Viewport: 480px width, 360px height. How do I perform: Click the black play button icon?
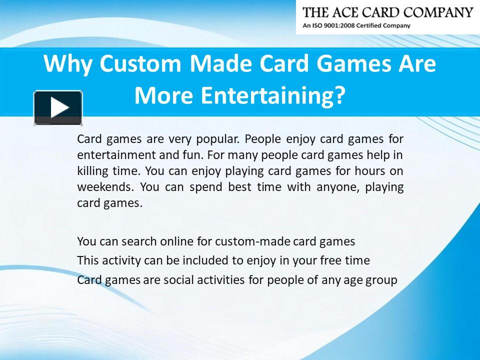point(58,107)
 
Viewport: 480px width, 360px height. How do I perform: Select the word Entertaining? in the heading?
point(273,95)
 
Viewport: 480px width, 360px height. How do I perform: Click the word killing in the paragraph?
point(92,170)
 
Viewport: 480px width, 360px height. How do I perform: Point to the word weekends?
point(105,187)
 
